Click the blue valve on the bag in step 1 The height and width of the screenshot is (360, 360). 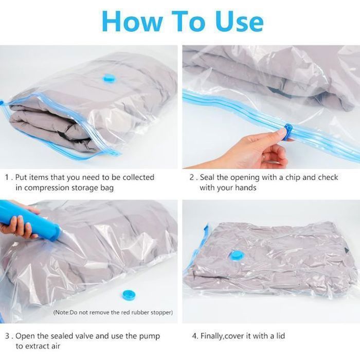click(x=110, y=78)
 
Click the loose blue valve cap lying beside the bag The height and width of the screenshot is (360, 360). click(x=129, y=295)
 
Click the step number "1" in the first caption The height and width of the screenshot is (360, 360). click(x=7, y=177)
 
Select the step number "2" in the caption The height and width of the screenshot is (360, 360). click(x=192, y=177)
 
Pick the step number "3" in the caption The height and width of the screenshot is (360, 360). click(x=8, y=336)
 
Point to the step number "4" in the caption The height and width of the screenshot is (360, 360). click(x=194, y=336)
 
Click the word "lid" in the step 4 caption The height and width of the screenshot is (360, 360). click(x=280, y=336)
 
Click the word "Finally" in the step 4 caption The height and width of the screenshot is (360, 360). click(x=212, y=336)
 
